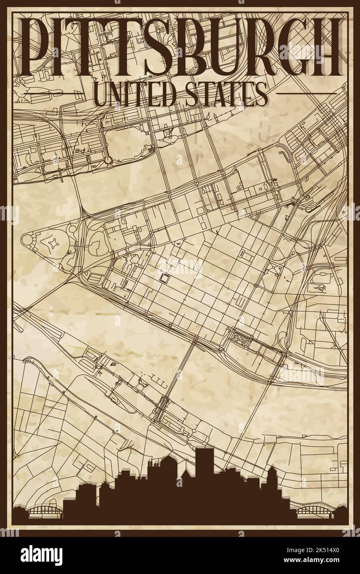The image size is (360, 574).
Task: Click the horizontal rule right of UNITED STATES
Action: pos(305,94)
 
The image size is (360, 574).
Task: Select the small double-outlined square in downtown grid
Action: pos(165,278)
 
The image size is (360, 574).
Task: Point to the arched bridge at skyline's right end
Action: pos(313,512)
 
